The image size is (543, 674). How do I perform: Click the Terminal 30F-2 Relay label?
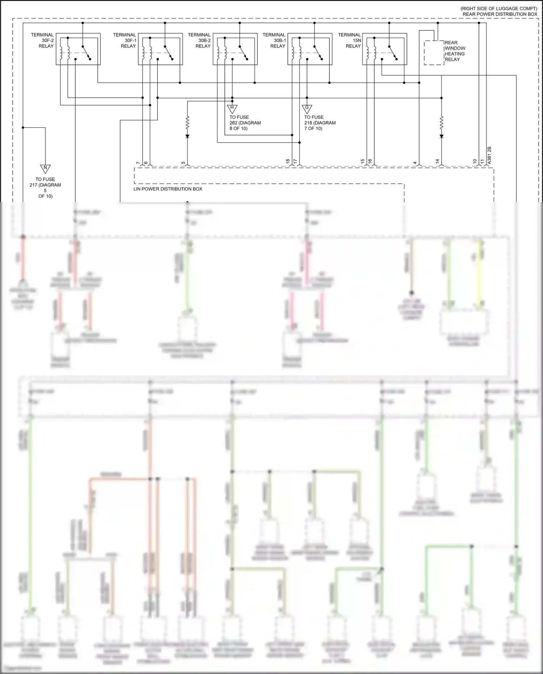tap(42, 41)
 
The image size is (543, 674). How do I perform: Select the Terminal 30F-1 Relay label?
tap(125, 41)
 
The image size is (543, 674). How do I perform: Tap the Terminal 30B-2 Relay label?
tap(199, 41)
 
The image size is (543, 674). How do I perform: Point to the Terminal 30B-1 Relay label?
tap(274, 41)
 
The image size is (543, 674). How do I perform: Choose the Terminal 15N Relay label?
tap(350, 41)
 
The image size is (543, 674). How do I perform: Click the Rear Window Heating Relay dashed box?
tap(434, 53)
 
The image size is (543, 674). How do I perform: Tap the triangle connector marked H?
tap(232, 108)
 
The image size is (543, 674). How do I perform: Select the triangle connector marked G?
tap(307, 108)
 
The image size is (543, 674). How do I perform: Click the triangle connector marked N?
tap(45, 169)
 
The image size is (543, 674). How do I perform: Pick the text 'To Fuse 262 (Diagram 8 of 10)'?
tap(245, 123)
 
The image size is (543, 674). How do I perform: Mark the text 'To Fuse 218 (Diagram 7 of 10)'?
tap(320, 123)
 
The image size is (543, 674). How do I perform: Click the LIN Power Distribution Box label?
tap(168, 189)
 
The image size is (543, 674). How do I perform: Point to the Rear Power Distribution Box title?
tap(500, 14)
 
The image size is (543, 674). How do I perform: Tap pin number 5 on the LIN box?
tap(184, 163)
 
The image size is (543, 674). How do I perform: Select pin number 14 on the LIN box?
tap(437, 161)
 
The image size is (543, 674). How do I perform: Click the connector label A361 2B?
tap(489, 155)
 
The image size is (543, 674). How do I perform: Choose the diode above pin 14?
tap(441, 136)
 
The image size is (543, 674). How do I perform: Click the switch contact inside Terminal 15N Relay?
tap(393, 53)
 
